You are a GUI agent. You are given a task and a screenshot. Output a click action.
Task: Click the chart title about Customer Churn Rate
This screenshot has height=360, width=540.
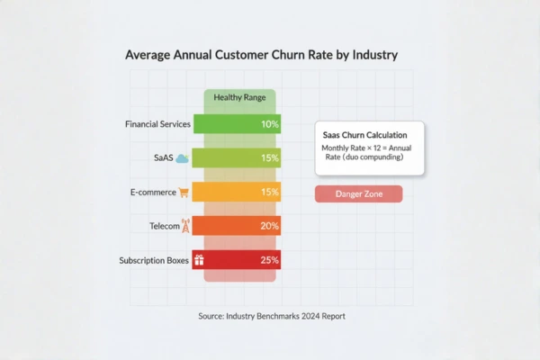(x=261, y=55)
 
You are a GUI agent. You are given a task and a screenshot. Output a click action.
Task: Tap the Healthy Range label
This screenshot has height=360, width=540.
(x=238, y=97)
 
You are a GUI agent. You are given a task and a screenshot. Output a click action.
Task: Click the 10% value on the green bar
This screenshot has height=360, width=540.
(x=269, y=124)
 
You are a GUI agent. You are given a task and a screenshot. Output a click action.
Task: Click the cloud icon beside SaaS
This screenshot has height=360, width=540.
(x=182, y=158)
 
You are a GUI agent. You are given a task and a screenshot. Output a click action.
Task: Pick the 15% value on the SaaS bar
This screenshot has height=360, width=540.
(x=269, y=158)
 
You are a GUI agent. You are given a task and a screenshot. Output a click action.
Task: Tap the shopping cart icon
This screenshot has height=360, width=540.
(x=184, y=192)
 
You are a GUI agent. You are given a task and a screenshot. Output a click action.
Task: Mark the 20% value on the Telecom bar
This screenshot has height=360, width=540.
(x=269, y=226)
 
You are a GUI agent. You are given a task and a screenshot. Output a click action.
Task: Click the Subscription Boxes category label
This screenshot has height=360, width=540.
(x=154, y=260)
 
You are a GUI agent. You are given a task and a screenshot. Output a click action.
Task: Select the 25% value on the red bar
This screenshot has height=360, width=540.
(x=269, y=260)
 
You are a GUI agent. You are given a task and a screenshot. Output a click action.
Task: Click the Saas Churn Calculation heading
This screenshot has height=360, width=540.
(x=368, y=133)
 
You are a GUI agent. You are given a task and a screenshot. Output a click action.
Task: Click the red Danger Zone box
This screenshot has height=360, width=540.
(x=358, y=194)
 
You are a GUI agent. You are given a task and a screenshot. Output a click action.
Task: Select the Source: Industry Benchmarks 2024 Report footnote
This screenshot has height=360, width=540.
(x=271, y=316)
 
